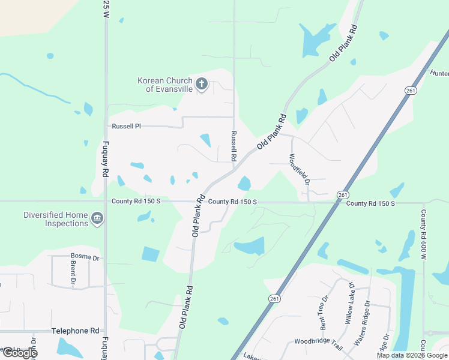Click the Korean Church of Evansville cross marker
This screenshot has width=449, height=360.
[x=202, y=85]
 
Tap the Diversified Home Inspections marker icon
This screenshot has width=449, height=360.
[x=97, y=218]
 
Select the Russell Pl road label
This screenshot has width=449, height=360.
[x=126, y=127]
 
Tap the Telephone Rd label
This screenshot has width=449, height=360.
[x=75, y=331]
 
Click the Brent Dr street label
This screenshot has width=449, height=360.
[x=73, y=272]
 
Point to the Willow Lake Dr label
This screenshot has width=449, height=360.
[x=349, y=304]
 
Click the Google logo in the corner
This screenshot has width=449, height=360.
[x=19, y=353]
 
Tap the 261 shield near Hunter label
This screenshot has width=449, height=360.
[x=411, y=90]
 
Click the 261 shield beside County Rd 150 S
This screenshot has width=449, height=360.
[x=342, y=195]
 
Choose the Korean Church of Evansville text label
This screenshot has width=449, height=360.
[x=165, y=85]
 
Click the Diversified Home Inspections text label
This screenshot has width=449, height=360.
[x=56, y=219]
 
